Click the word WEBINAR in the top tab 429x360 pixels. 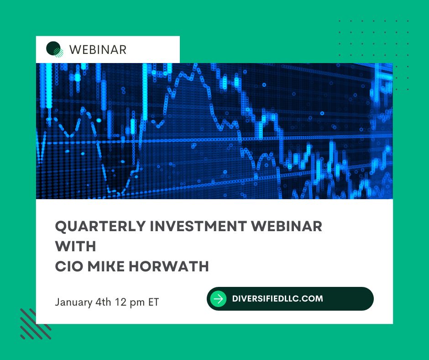(x=98, y=50)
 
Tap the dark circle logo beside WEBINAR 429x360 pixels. (x=54, y=49)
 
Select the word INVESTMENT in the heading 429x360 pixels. (x=198, y=226)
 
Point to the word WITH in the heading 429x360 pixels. (x=75, y=246)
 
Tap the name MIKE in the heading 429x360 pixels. (x=106, y=266)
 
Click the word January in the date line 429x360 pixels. (x=73, y=302)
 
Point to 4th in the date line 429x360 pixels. (x=103, y=302)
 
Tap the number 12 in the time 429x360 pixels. (x=120, y=302)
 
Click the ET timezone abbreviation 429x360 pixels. (x=153, y=302)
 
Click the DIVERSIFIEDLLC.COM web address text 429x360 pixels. (x=277, y=299)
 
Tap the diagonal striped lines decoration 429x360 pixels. (x=36, y=324)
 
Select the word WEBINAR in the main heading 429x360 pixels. (x=287, y=226)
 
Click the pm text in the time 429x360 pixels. (x=137, y=303)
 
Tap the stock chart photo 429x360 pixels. (x=214, y=131)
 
